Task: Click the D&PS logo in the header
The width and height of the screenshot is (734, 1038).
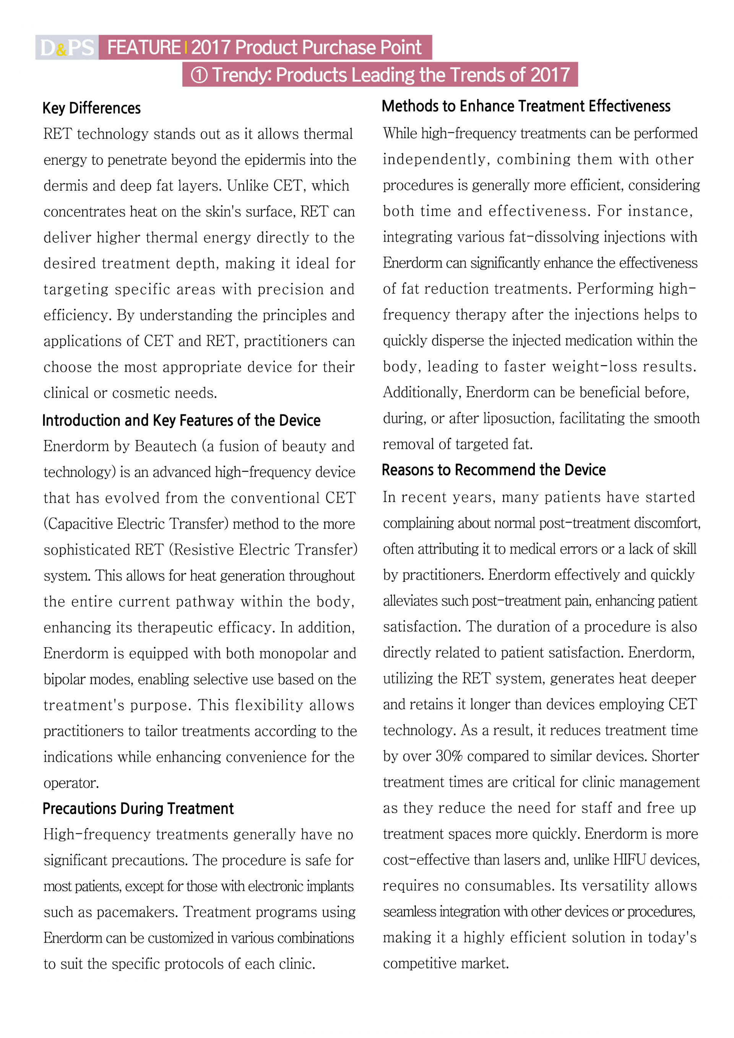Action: [x=67, y=47]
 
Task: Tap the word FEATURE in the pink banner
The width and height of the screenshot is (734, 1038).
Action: [x=144, y=47]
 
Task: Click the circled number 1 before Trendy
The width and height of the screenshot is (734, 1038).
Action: [x=199, y=75]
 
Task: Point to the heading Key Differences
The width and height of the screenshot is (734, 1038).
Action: [x=91, y=109]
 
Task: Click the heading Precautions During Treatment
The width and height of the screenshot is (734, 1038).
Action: [x=138, y=808]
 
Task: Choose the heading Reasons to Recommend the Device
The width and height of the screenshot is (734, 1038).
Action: [x=494, y=470]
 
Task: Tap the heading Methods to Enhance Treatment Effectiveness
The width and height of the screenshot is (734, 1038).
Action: [x=526, y=106]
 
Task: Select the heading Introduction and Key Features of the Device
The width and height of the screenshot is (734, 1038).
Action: [x=181, y=421]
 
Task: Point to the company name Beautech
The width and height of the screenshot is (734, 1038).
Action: [x=166, y=447]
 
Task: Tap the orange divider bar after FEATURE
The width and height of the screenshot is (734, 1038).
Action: [x=185, y=47]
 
